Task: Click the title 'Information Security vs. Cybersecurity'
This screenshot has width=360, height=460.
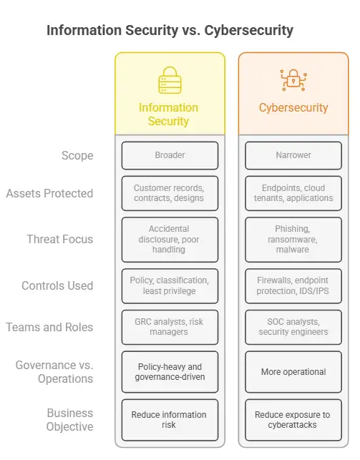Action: [x=170, y=31]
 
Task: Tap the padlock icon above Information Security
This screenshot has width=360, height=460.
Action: [x=170, y=81]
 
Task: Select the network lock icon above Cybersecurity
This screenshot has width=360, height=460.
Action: [x=293, y=80]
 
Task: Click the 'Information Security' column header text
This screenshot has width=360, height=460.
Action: [x=169, y=114]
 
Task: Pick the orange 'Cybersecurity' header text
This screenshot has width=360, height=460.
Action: [x=293, y=108]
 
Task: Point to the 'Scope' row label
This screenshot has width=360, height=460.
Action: [x=77, y=155]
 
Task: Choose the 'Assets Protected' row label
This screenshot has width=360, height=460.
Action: [x=49, y=193]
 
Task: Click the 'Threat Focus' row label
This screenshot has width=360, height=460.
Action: [x=59, y=240]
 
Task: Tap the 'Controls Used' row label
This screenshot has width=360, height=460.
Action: [x=57, y=285]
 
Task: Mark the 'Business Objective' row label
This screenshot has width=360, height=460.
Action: [x=70, y=420]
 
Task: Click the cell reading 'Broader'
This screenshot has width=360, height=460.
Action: [x=170, y=155]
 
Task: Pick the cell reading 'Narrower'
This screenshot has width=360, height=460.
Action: [x=293, y=155]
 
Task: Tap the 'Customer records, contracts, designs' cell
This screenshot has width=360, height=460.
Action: [x=170, y=193]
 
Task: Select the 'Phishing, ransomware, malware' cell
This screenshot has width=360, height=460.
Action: [x=293, y=240]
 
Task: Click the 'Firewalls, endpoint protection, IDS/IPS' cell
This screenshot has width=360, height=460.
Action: [x=293, y=285]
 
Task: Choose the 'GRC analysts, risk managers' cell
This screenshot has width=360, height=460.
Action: [x=170, y=327]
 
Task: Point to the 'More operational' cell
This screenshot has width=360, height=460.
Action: [x=293, y=372]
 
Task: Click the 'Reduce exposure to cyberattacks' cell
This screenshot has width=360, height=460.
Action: [x=293, y=420]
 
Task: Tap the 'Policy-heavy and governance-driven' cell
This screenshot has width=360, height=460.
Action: [x=170, y=372]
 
